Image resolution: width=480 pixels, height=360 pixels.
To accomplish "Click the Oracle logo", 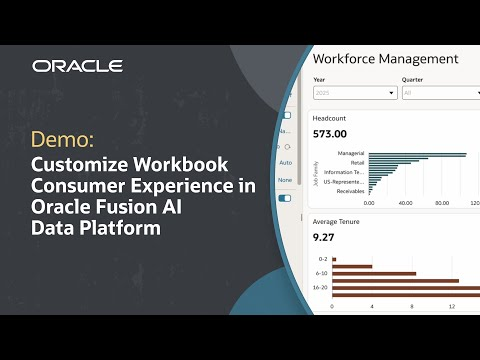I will point(77,66).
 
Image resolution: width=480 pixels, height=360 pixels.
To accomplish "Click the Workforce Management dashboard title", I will point(385,59).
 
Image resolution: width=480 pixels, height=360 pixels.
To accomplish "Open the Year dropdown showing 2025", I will point(355,93).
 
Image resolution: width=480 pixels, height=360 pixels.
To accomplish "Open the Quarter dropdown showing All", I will point(440,93).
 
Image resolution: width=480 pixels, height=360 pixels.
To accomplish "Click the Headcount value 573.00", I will point(329,133).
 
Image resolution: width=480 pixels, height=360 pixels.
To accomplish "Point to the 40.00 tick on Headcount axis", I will point(405,203).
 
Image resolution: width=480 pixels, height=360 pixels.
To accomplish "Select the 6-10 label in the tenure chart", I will point(322,273).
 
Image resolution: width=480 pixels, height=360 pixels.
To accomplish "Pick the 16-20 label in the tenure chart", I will point(321,287).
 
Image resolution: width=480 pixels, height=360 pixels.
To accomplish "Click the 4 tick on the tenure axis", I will point(372,306).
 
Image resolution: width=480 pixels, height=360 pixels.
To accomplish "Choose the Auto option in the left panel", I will point(286,162).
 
